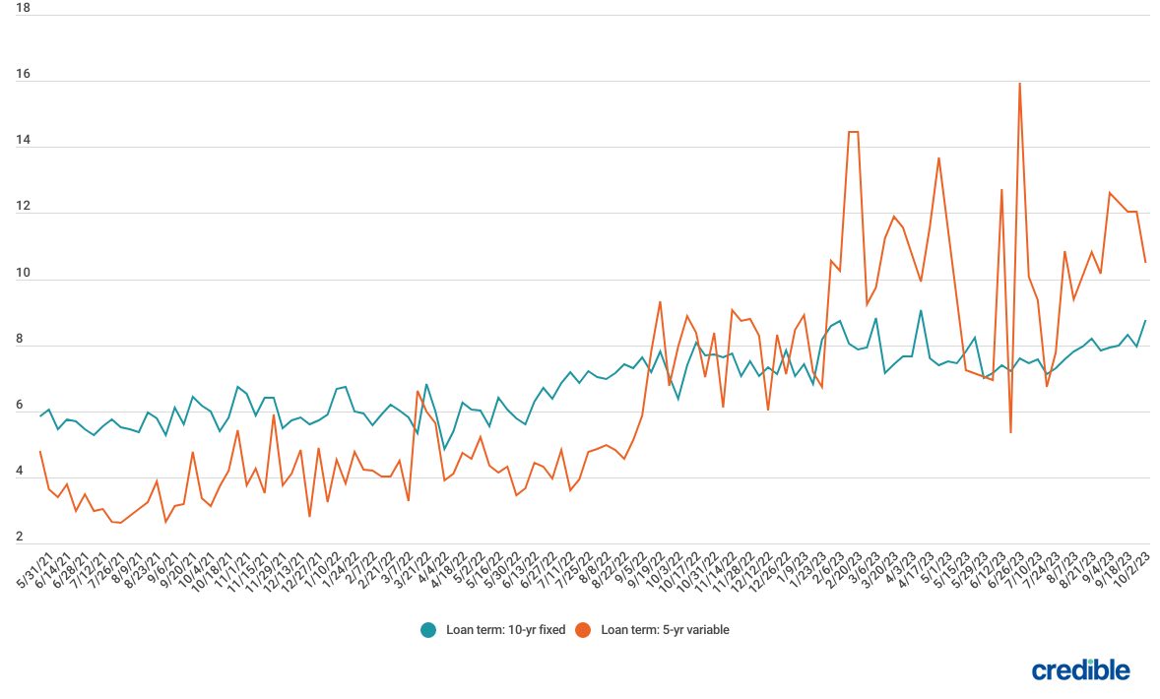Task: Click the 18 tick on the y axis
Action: tap(24, 9)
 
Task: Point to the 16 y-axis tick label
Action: tap(24, 75)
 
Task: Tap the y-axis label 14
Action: tap(24, 141)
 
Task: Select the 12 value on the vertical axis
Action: tap(24, 207)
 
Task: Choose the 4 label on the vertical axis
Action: tap(24, 472)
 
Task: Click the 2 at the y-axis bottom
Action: tap(21, 538)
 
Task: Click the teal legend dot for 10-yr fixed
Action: tap(428, 630)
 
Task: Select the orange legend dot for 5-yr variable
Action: tap(583, 630)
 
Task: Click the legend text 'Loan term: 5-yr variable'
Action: tap(665, 630)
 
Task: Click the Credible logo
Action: tap(1080, 670)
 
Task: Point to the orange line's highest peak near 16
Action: tap(1019, 84)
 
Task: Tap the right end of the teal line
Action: tap(1144, 320)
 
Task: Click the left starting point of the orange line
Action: tap(40, 451)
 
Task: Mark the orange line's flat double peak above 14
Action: tap(853, 132)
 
